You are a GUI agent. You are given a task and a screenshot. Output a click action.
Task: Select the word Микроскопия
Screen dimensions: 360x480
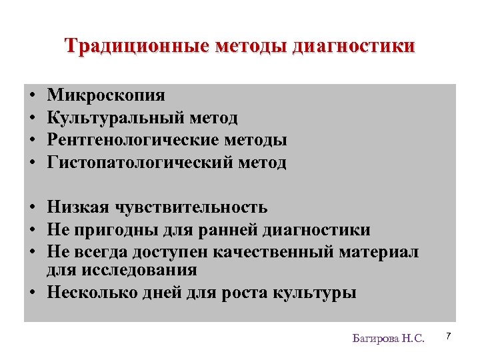tap(106, 95)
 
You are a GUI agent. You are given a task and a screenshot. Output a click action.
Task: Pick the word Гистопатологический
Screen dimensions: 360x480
tap(138, 163)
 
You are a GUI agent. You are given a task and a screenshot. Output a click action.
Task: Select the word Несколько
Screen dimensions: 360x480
tap(91, 293)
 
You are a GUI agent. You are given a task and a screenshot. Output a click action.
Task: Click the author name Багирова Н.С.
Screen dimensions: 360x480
tap(388, 338)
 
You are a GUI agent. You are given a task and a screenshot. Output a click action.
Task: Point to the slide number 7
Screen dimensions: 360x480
tap(449, 335)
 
